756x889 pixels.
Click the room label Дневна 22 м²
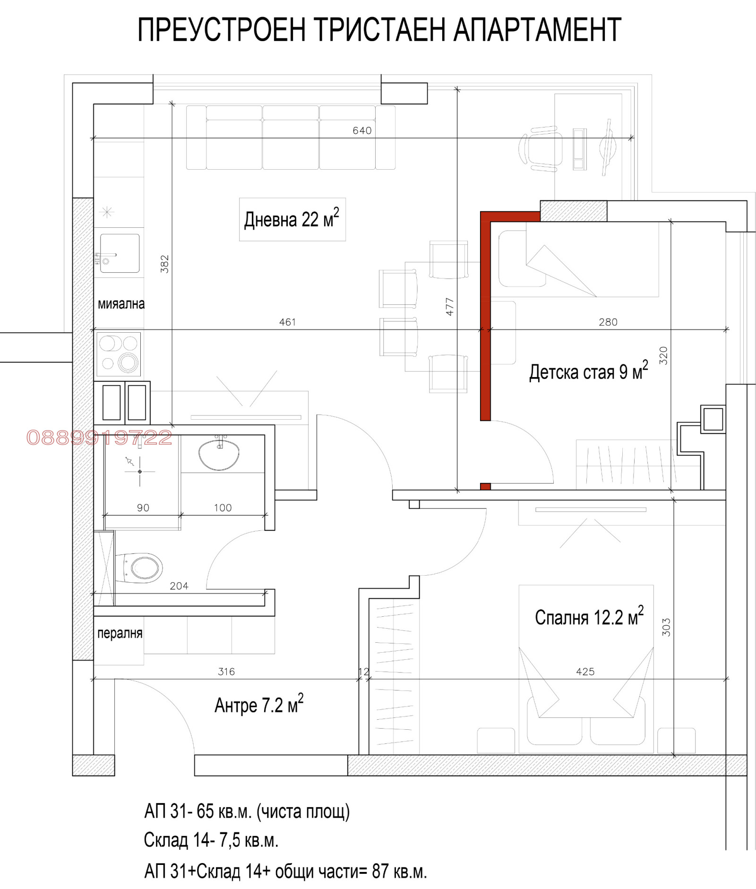[x=292, y=219]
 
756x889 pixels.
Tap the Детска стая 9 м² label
[x=588, y=371]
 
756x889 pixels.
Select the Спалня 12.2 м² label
[x=589, y=616]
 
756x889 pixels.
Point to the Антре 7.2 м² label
[x=259, y=704]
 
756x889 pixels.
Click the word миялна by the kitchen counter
[x=121, y=304]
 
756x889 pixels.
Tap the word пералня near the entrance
[x=120, y=633]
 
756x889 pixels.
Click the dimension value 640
[x=362, y=130]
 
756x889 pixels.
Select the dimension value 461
[x=287, y=322]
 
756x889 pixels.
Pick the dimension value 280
[x=608, y=322]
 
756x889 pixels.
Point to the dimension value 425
[x=585, y=672]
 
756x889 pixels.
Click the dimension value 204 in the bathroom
[x=179, y=586]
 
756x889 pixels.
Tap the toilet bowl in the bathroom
[x=139, y=568]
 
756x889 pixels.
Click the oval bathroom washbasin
[x=219, y=454]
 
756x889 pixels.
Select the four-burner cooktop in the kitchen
[x=119, y=354]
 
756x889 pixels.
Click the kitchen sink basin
[x=120, y=253]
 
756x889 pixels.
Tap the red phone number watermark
[x=99, y=438]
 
